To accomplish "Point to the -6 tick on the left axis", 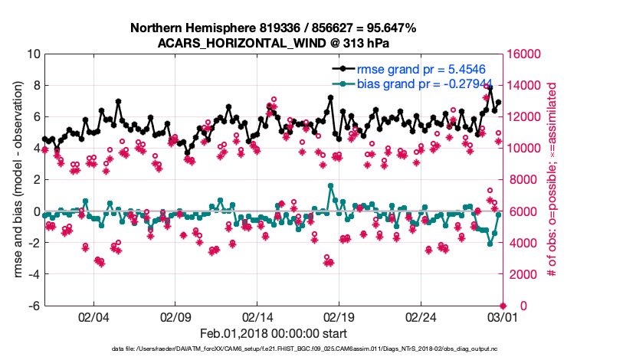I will pos(34,306).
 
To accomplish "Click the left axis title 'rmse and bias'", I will pos(17,179).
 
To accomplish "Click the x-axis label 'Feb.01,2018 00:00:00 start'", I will pos(273,334).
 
